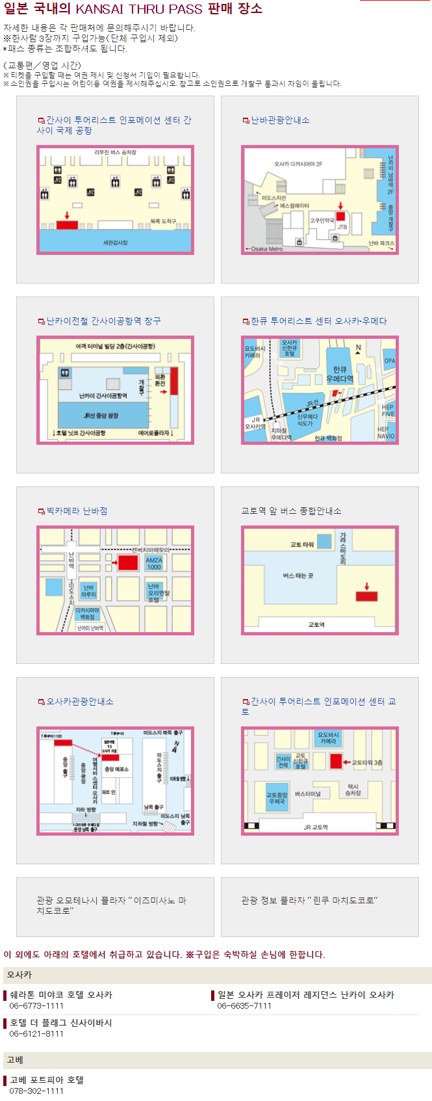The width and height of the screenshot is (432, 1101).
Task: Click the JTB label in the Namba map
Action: click(x=342, y=227)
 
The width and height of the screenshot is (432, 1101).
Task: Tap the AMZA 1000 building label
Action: click(x=154, y=563)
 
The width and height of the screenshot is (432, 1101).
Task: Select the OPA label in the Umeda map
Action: click(x=389, y=360)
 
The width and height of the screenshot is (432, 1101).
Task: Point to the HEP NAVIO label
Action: click(x=386, y=432)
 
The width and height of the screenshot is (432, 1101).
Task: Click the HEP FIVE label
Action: click(x=388, y=410)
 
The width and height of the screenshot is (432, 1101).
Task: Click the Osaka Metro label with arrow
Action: click(x=264, y=248)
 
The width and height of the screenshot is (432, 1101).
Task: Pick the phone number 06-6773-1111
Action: click(x=36, y=1005)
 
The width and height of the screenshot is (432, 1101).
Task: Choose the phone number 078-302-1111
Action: click(x=36, y=1091)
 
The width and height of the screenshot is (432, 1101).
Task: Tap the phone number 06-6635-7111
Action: click(x=244, y=1005)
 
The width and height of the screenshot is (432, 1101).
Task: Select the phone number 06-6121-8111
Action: click(x=36, y=1033)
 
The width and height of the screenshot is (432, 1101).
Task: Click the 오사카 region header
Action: click(x=19, y=975)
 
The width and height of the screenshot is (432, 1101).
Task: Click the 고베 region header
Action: click(x=15, y=1060)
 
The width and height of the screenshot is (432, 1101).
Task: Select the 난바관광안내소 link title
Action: click(x=280, y=120)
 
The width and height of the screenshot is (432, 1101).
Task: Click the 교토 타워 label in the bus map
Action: click(x=301, y=544)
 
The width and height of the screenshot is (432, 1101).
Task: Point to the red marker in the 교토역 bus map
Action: click(x=366, y=596)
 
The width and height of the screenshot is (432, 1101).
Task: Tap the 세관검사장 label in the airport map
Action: click(x=115, y=243)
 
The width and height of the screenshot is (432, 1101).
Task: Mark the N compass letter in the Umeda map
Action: click(x=358, y=348)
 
